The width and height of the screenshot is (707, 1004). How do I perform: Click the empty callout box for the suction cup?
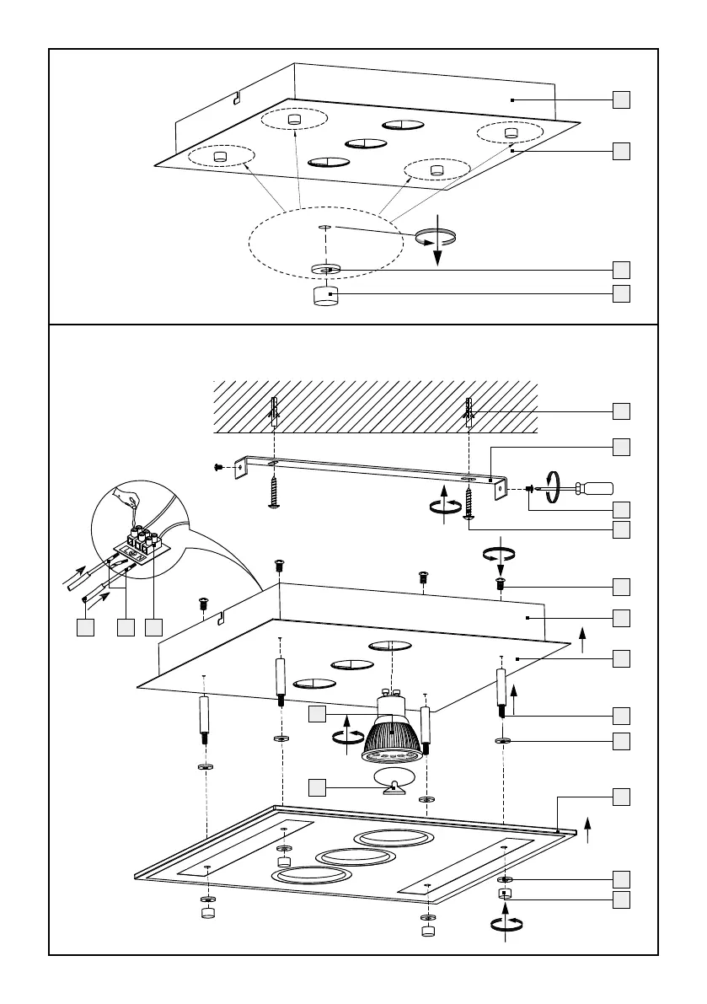click(317, 787)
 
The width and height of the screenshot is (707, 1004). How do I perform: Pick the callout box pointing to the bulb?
click(317, 715)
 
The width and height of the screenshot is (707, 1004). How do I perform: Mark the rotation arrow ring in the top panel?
click(435, 239)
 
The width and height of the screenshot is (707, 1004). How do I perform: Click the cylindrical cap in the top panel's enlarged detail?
click(325, 297)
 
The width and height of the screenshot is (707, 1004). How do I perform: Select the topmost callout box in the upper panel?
click(621, 99)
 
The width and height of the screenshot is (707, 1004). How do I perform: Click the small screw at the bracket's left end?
click(219, 465)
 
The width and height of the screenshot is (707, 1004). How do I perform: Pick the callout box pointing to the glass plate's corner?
click(621, 796)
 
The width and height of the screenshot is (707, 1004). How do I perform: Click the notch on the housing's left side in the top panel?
click(237, 98)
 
